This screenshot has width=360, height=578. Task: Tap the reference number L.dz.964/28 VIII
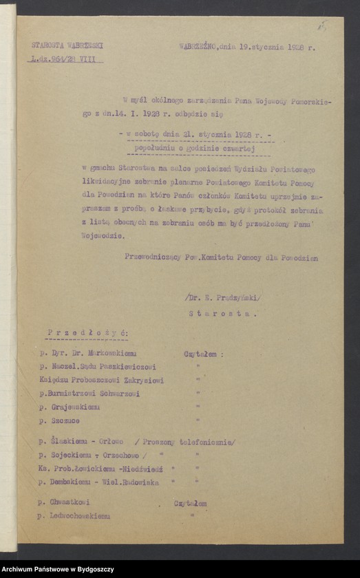pos(65,60)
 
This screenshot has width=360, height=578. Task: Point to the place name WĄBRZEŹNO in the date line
pos(198,46)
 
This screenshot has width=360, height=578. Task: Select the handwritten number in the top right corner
pos(321,25)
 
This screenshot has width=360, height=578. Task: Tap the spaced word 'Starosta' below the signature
pos(222,313)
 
